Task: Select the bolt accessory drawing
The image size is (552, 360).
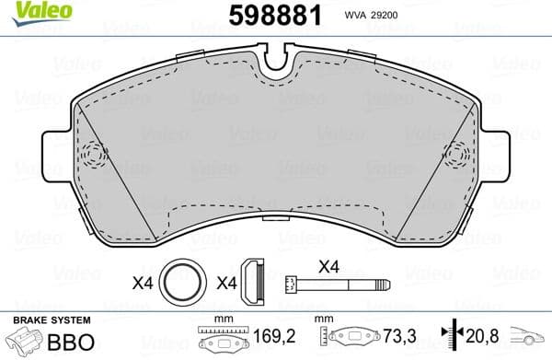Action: point(327,282)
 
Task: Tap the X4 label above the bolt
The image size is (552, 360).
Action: point(329,265)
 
